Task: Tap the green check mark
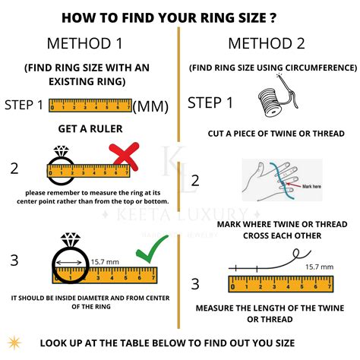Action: [150, 253]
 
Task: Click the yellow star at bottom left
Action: [14, 341]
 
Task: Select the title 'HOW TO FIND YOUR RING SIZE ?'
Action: [179, 17]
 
